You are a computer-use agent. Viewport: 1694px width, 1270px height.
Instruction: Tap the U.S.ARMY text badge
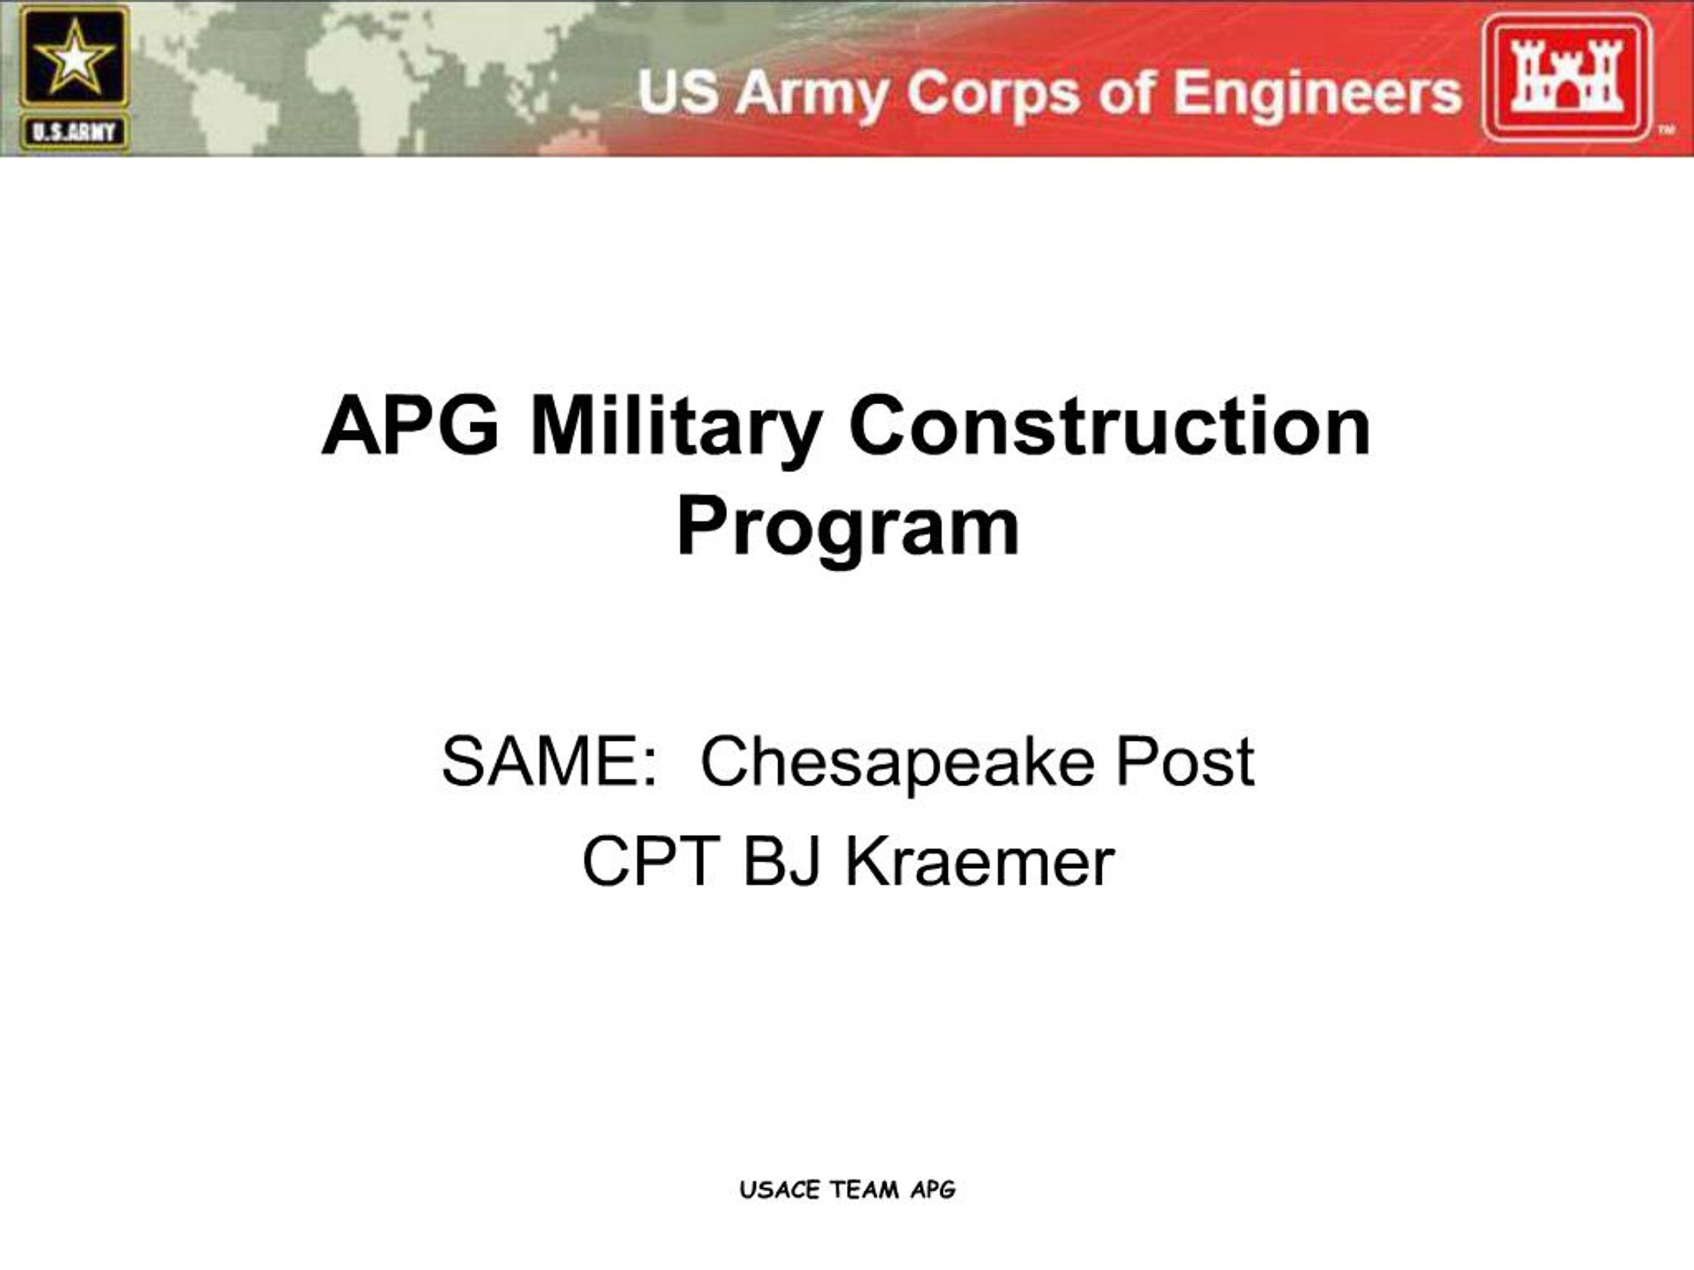click(73, 132)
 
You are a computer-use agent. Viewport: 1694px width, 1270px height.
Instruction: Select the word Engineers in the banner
click(1317, 93)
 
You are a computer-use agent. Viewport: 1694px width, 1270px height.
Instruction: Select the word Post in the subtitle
click(1184, 763)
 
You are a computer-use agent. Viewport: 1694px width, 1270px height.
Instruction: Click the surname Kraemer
click(979, 861)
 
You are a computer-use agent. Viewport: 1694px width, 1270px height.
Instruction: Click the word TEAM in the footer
click(865, 1189)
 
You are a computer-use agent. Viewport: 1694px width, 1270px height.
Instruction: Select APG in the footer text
click(933, 1189)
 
